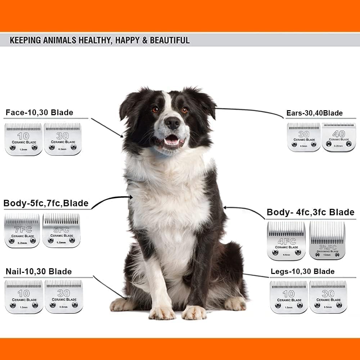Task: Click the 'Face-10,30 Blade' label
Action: [x=39, y=113]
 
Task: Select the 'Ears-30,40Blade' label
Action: [x=314, y=113]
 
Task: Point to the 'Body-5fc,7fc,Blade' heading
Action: [x=46, y=203]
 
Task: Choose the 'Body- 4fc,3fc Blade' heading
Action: [x=310, y=212]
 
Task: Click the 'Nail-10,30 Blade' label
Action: [x=39, y=271]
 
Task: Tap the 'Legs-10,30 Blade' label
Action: [x=302, y=271]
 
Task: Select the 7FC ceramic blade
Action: [x=22, y=230]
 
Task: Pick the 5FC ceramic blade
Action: [x=61, y=230]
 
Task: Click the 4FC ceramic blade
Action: [x=286, y=240]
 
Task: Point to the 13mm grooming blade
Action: [x=327, y=240]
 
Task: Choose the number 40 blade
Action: [x=338, y=137]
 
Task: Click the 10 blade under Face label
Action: [x=23, y=139]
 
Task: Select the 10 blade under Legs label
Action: [x=289, y=297]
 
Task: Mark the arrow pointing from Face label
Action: [x=107, y=127]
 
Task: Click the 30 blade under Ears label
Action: [x=304, y=137]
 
